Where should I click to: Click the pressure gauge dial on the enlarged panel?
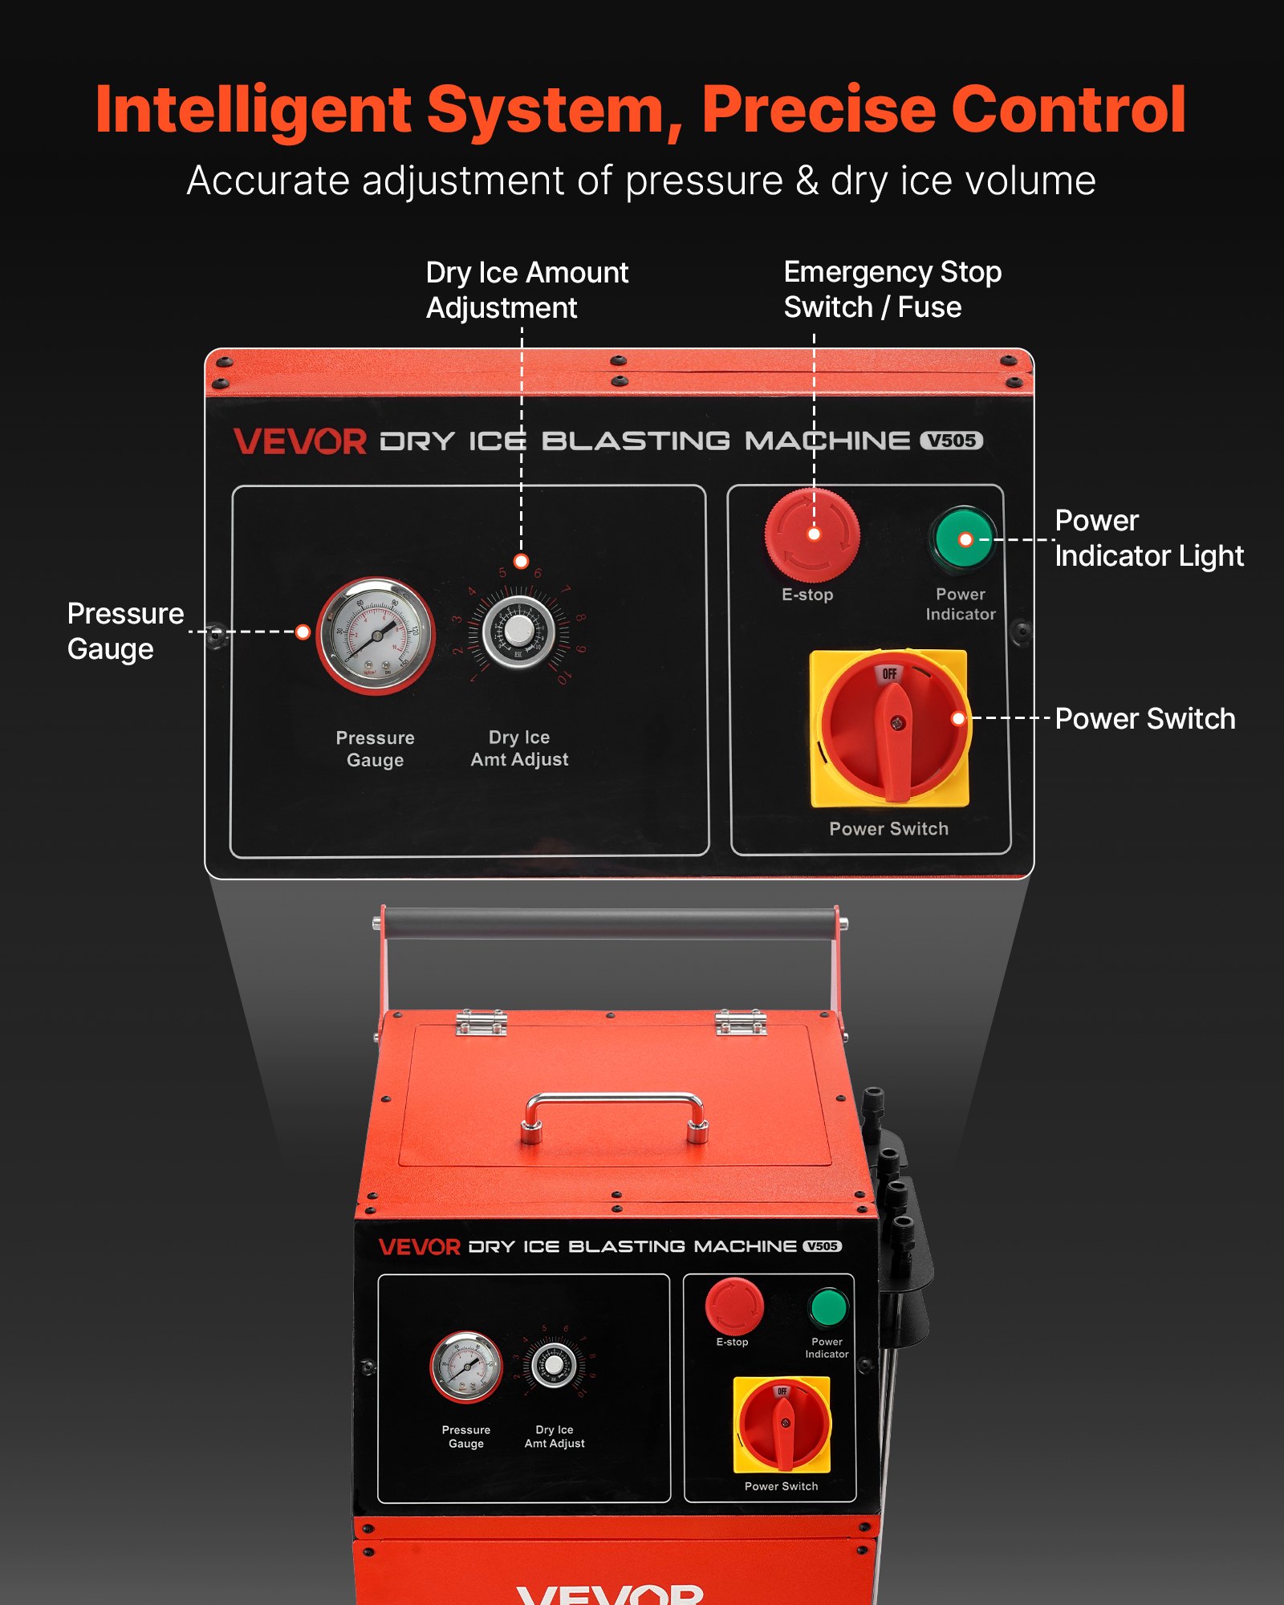click(x=375, y=635)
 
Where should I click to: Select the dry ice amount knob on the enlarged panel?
click(x=518, y=631)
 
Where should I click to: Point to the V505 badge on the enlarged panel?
click(x=951, y=441)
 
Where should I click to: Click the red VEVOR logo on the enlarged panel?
click(x=300, y=441)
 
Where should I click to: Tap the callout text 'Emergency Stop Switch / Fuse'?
click(x=892, y=290)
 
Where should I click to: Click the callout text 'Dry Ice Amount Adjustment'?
click(x=526, y=290)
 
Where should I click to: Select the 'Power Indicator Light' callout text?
click(x=1148, y=538)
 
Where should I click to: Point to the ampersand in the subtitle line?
click(x=807, y=181)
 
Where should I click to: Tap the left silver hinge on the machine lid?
click(x=481, y=1022)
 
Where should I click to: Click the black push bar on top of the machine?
click(x=610, y=923)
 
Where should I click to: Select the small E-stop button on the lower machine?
click(x=733, y=1306)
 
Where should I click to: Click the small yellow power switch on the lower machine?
click(x=782, y=1424)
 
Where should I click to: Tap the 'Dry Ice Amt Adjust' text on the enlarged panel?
click(x=519, y=748)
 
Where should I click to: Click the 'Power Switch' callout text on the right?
click(x=1144, y=718)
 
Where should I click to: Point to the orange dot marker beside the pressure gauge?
click(x=303, y=632)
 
